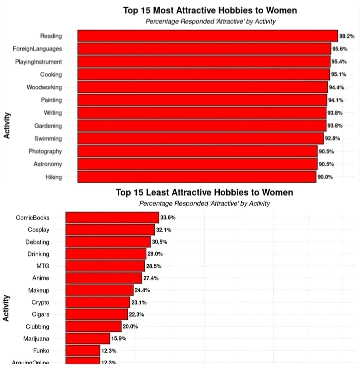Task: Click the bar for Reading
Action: click(x=208, y=36)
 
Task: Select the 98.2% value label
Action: click(x=347, y=36)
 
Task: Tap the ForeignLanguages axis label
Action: click(x=37, y=49)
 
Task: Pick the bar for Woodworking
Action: click(x=203, y=87)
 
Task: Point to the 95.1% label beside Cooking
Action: click(x=337, y=75)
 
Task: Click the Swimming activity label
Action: click(x=48, y=138)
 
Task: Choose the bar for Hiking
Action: click(x=197, y=177)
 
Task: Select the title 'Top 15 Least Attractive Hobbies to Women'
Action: click(x=204, y=192)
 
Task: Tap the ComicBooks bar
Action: click(x=112, y=218)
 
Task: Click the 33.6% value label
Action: click(x=168, y=218)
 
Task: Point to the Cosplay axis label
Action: click(x=39, y=230)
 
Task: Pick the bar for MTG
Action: click(x=105, y=266)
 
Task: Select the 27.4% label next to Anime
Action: click(x=151, y=278)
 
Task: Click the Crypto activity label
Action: click(x=40, y=302)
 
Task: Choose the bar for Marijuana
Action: click(x=87, y=339)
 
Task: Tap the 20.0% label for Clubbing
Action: click(x=130, y=327)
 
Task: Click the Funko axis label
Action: click(x=41, y=351)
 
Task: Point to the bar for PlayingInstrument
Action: click(x=204, y=62)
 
